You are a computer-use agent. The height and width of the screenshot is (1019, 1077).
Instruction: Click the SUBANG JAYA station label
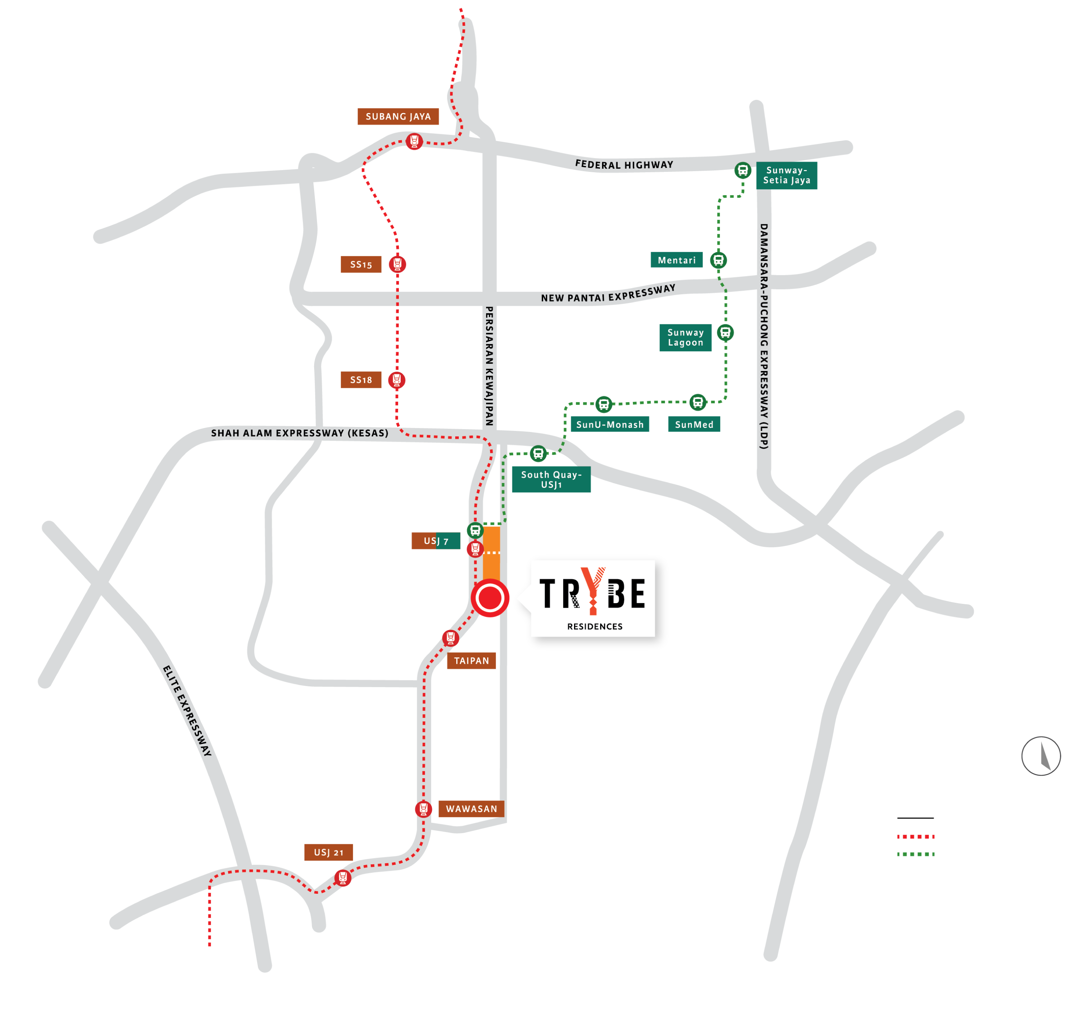click(x=398, y=116)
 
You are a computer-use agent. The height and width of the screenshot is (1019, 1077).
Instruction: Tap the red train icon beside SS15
click(x=397, y=264)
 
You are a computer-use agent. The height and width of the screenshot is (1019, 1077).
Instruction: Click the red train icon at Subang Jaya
click(x=414, y=141)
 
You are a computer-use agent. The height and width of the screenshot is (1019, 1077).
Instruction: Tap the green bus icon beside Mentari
click(x=718, y=260)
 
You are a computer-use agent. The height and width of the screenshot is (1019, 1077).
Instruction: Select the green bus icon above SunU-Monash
click(x=604, y=404)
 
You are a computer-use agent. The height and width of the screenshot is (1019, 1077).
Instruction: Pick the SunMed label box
click(x=694, y=424)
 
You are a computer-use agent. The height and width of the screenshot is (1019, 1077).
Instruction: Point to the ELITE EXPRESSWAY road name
click(x=187, y=711)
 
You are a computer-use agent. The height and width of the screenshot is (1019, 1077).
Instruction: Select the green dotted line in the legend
click(x=915, y=854)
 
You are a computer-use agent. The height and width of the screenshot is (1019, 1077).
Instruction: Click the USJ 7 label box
click(x=436, y=541)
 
